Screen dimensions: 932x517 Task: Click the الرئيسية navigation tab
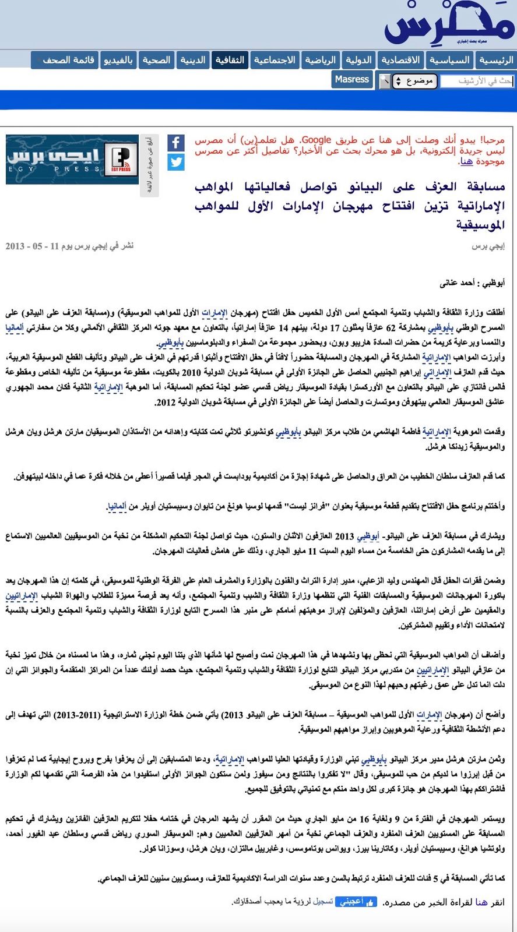496,60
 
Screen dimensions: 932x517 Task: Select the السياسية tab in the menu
449,60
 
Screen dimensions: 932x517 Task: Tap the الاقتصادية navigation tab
400,60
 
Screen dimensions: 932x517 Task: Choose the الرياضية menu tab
320,60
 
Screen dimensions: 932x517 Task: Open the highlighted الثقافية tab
230,60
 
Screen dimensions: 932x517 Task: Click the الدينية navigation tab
192,60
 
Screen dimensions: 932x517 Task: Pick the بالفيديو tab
118,60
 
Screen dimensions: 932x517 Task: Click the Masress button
352,79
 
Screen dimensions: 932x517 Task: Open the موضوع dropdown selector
414,81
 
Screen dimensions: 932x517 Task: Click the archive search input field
477,81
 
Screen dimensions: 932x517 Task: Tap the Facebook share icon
176,142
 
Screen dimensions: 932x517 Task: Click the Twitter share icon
176,162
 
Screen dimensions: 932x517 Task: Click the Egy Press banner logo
72,159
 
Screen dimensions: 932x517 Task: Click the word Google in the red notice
316,140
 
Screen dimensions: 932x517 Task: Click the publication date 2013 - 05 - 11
24,246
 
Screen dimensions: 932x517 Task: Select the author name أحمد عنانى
458,283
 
